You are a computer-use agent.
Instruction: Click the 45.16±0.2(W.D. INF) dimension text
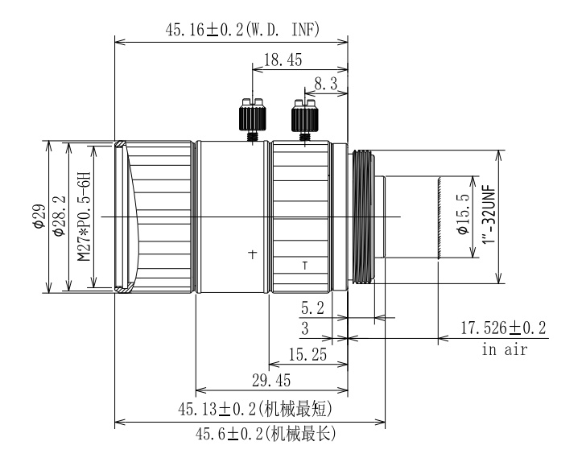(x=242, y=31)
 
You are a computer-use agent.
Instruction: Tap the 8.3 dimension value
(x=324, y=83)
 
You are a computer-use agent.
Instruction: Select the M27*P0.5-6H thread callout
(x=83, y=217)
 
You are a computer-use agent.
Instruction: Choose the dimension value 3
(x=304, y=329)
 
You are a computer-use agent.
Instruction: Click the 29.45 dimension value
(x=271, y=380)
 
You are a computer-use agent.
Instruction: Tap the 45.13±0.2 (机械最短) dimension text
(x=255, y=409)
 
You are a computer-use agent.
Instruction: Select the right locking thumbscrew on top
(x=303, y=118)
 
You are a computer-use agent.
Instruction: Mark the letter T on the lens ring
(x=304, y=265)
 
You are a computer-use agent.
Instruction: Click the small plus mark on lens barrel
(x=252, y=254)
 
